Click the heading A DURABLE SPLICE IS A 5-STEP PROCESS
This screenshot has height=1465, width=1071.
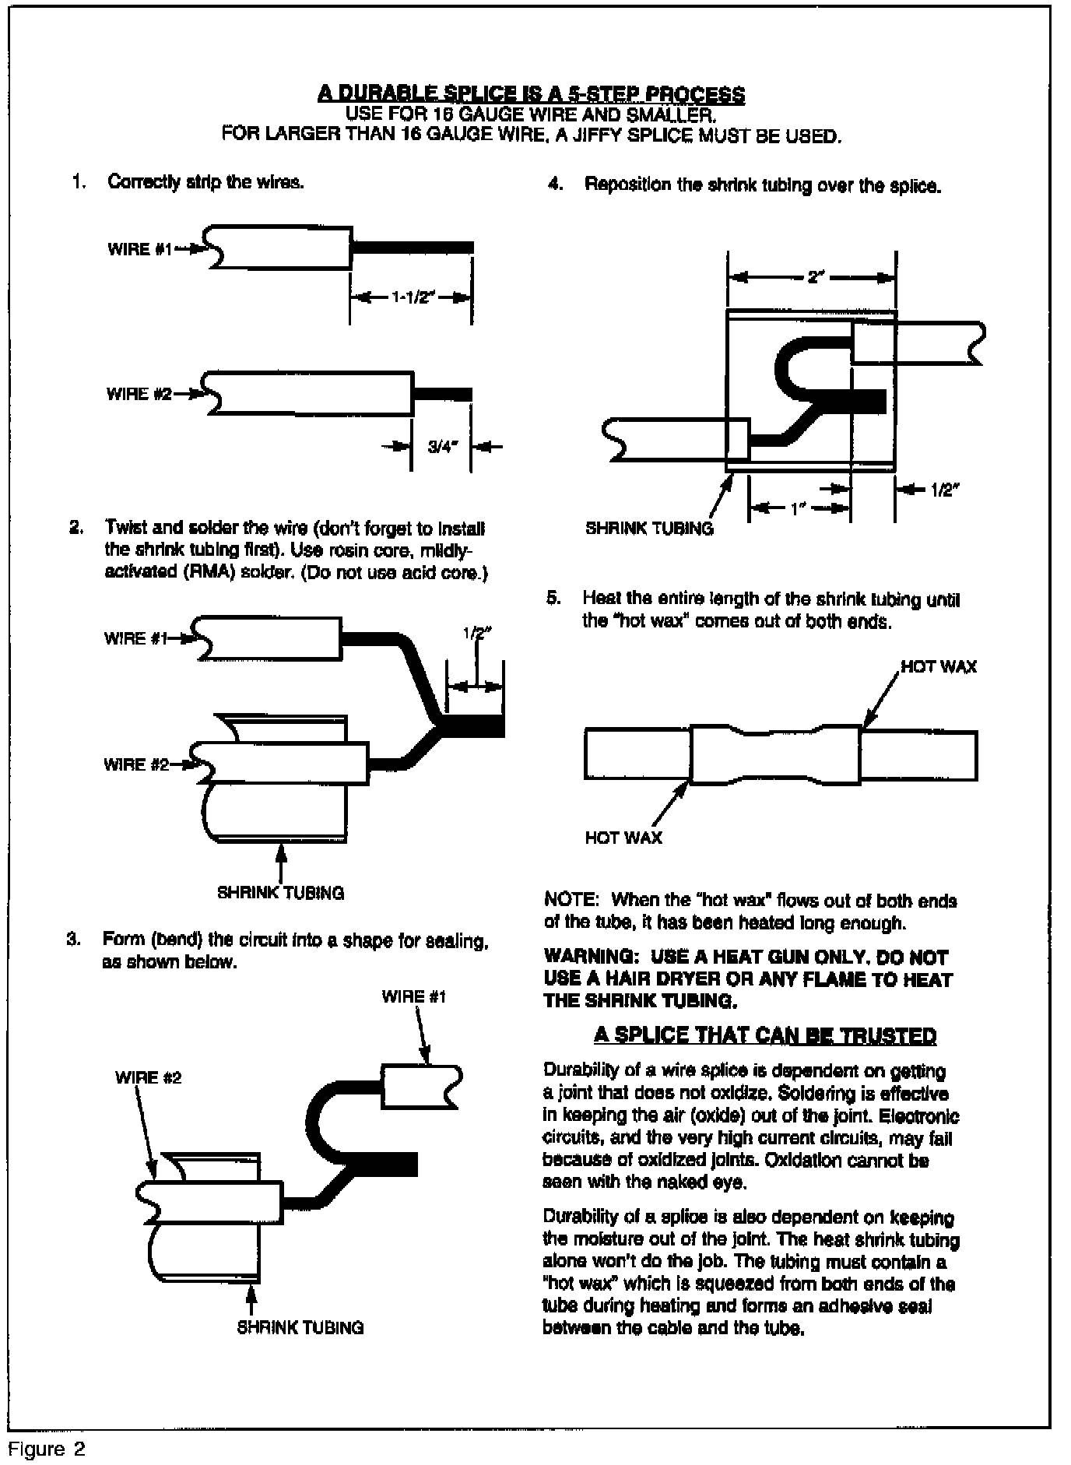531,95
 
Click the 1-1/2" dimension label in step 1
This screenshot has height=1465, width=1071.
410,298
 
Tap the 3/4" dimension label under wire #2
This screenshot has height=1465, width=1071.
443,447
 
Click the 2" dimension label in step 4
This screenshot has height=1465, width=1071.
815,277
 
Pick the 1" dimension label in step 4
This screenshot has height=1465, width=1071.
795,509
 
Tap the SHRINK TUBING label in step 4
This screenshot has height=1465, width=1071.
649,529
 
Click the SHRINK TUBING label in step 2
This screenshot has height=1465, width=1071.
280,893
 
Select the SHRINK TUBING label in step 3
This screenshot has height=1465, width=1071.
300,1328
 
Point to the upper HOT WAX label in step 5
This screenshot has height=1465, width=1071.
939,667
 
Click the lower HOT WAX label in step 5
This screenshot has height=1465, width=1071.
623,838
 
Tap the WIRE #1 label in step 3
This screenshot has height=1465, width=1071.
414,996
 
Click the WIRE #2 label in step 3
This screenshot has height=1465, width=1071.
148,1077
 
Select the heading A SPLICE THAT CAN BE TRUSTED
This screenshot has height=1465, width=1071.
764,1035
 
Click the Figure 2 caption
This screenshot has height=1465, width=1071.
46,1449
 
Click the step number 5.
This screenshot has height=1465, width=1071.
553,599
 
